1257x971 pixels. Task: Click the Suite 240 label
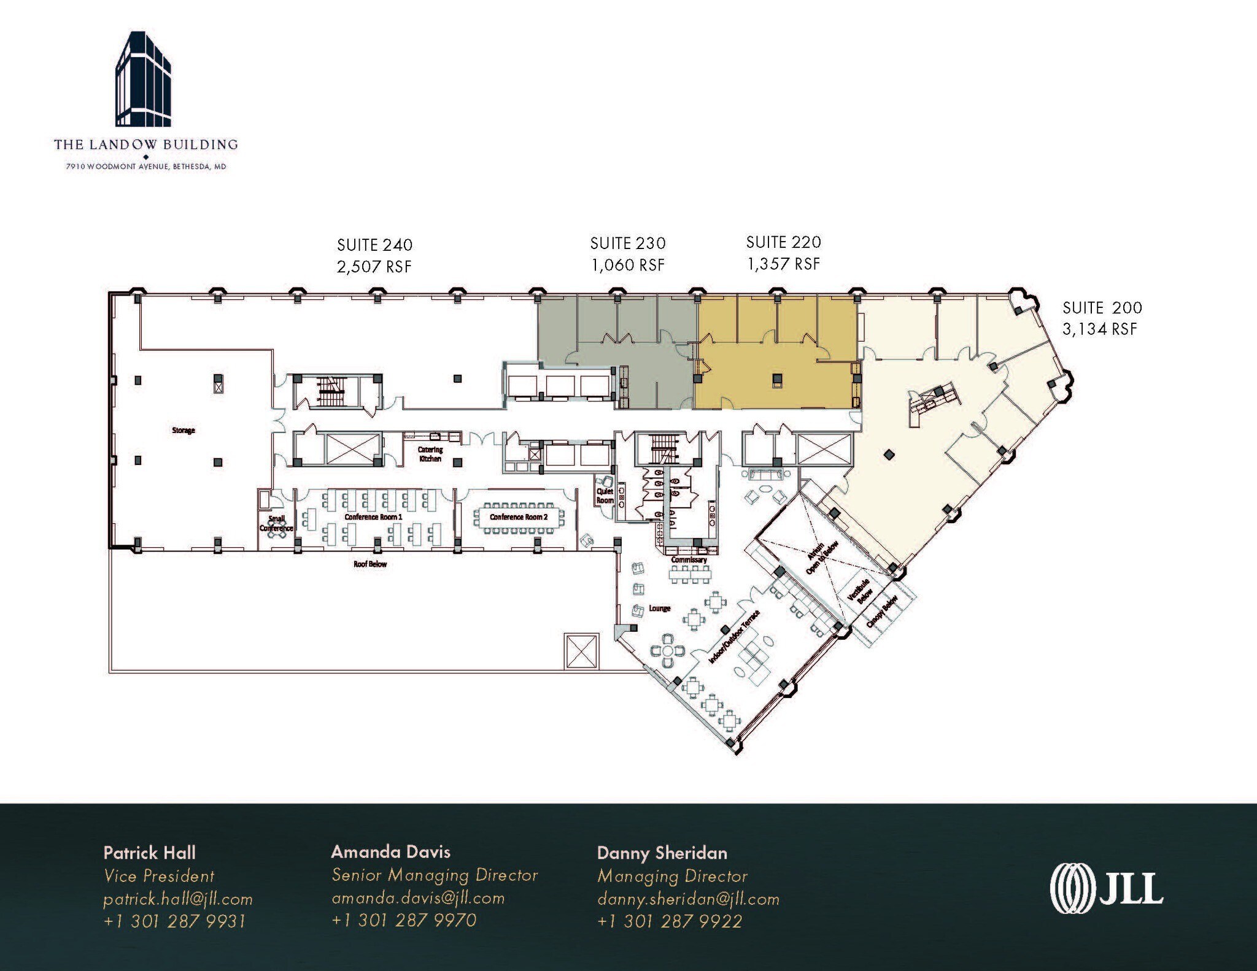pyautogui.click(x=374, y=245)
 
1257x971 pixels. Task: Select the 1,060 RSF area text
pyautogui.click(x=628, y=265)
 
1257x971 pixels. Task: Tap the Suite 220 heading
pyautogui.click(x=783, y=242)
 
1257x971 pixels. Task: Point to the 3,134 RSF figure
pyautogui.click(x=1100, y=329)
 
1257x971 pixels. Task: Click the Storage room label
pyautogui.click(x=184, y=431)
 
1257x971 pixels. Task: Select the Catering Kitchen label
pyautogui.click(x=430, y=454)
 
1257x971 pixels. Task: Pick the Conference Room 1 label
pyautogui.click(x=373, y=517)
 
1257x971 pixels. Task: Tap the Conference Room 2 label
pyautogui.click(x=519, y=517)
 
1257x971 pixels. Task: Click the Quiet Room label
pyautogui.click(x=605, y=496)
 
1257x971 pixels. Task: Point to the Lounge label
pyautogui.click(x=660, y=608)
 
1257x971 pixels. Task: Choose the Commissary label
pyautogui.click(x=689, y=560)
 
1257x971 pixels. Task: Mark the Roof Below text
pyautogui.click(x=370, y=564)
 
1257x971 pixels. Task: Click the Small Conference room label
pyautogui.click(x=276, y=523)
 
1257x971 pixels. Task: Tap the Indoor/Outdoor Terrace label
pyautogui.click(x=735, y=637)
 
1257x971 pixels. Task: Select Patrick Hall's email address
pyautogui.click(x=178, y=899)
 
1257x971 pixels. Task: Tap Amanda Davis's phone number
pyautogui.click(x=404, y=920)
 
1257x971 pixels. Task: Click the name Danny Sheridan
pyautogui.click(x=662, y=853)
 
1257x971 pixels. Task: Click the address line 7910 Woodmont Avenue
pyautogui.click(x=146, y=166)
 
